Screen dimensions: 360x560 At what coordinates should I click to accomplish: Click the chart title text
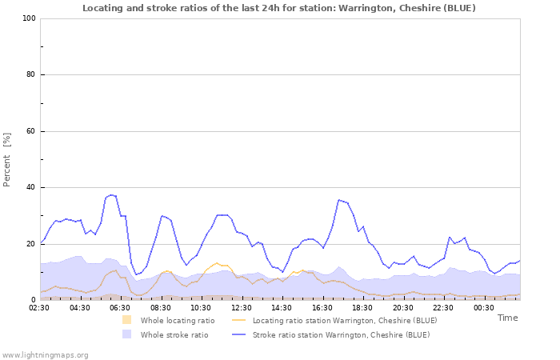pyautogui.click(x=278, y=8)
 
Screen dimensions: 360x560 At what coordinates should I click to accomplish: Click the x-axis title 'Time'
pyautogui.click(x=507, y=318)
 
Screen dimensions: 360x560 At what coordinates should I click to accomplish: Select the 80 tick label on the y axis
pyautogui.click(x=30, y=75)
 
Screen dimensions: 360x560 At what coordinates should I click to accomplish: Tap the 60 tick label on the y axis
pyautogui.click(x=30, y=131)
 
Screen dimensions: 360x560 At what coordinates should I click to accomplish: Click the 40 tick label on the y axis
pyautogui.click(x=30, y=188)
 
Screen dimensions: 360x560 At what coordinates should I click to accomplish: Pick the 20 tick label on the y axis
pyautogui.click(x=30, y=244)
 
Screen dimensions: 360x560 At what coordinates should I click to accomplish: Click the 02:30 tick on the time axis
pyautogui.click(x=39, y=307)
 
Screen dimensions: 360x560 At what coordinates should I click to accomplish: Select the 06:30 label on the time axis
pyautogui.click(x=120, y=307)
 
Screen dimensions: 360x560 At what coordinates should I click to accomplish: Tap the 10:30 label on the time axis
pyautogui.click(x=201, y=307)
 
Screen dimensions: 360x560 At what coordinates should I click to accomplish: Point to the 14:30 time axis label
pyautogui.click(x=282, y=307)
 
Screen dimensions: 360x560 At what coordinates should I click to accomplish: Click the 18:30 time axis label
pyautogui.click(x=362, y=307)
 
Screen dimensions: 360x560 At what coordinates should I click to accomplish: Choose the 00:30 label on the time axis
pyautogui.click(x=484, y=307)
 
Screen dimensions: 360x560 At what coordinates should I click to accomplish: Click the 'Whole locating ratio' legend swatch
pyautogui.click(x=126, y=320)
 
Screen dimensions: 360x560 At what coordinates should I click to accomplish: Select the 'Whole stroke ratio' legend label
pyautogui.click(x=174, y=334)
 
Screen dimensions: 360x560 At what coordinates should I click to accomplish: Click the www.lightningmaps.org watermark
pyautogui.click(x=45, y=354)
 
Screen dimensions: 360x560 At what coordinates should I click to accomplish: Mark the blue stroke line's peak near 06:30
pyautogui.click(x=111, y=194)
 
